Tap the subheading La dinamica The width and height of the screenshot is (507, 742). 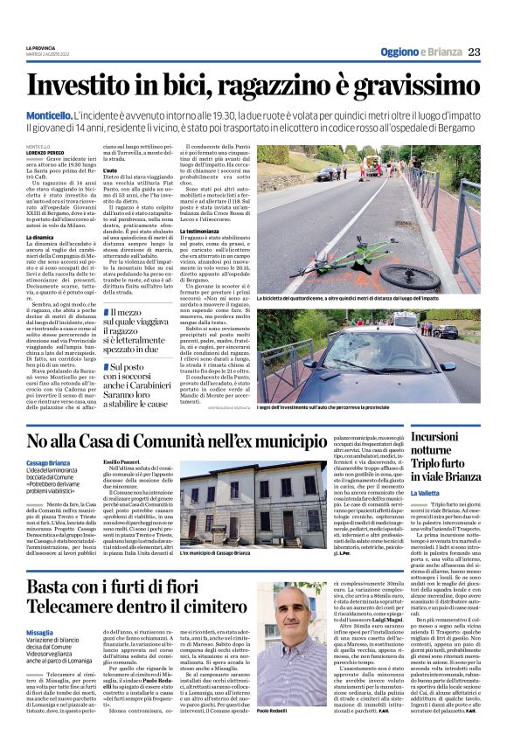pyautogui.click(x=40, y=237)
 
